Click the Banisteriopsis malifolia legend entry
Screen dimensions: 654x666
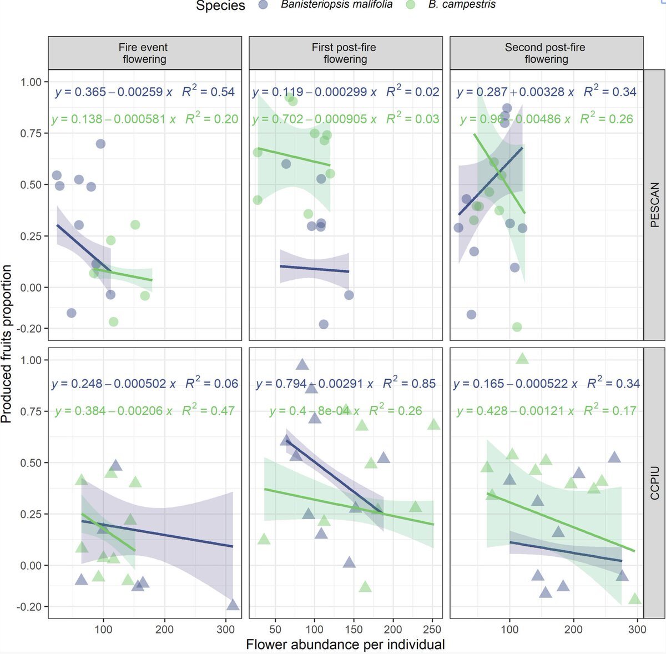coord(336,5)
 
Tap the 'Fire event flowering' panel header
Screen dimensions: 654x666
coord(144,53)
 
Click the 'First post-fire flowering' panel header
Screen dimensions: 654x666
coord(345,53)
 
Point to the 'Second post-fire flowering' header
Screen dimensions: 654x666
coord(546,53)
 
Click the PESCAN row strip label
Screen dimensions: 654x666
coord(654,204)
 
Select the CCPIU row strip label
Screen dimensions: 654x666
coord(654,483)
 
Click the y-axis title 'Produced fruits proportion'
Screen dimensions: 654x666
coord(7,344)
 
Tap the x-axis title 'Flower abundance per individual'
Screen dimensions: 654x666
coord(345,645)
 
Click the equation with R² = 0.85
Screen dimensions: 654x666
coord(345,384)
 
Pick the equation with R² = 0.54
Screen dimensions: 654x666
coord(145,92)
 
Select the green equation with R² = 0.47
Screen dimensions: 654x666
coord(145,411)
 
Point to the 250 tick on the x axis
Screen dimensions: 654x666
coord(432,630)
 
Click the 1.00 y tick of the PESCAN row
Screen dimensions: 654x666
coord(31,82)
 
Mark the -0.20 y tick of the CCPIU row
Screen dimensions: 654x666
coord(30,607)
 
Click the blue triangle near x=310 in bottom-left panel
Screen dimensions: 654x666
coord(233,605)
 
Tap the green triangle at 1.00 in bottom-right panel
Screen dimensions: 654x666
coord(522,359)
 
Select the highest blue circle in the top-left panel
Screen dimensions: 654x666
coord(100,144)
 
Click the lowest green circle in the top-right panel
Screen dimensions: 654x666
coord(517,327)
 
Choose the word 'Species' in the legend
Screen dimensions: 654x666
coord(220,6)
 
